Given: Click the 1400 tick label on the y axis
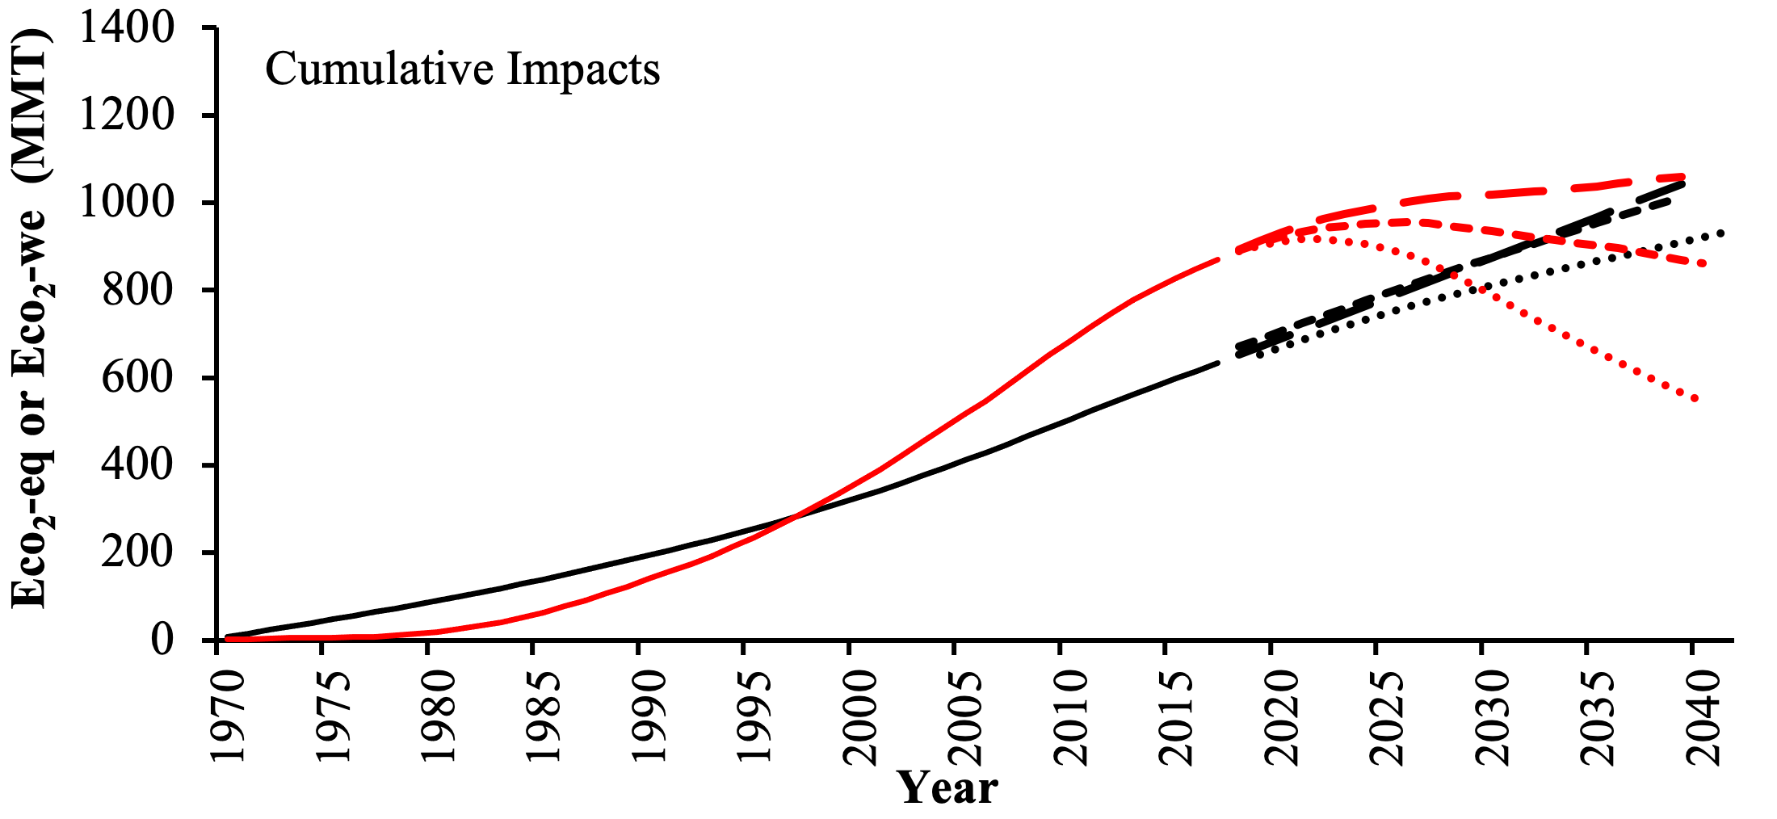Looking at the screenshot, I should pyautogui.click(x=126, y=29).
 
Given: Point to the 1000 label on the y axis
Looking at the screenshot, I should pyautogui.click(x=126, y=203).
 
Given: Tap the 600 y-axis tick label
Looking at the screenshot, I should pyautogui.click(x=137, y=378).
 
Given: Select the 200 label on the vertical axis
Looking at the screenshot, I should pyautogui.click(x=137, y=553).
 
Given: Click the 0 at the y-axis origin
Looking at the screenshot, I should pyautogui.click(x=162, y=640).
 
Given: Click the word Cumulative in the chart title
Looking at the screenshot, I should pyautogui.click(x=379, y=69).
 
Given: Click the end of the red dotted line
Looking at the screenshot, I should pyautogui.click(x=1696, y=399).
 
